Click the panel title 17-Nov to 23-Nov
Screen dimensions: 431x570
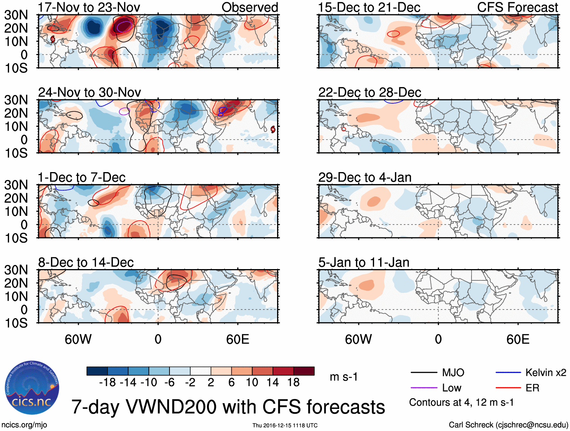tap(89, 7)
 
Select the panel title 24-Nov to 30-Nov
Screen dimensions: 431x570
tap(89, 92)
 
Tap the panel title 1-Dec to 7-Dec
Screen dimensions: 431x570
tap(82, 177)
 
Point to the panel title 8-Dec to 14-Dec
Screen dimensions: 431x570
tap(86, 262)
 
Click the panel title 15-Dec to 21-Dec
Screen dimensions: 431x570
tap(369, 7)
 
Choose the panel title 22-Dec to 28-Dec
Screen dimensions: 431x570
tap(370, 92)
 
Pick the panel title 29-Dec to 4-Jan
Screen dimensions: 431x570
tap(365, 177)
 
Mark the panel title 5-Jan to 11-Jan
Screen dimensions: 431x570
tap(364, 262)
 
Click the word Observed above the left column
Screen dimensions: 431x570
tap(250, 7)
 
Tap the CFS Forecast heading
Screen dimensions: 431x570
tap(518, 7)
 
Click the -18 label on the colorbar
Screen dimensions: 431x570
tap(108, 383)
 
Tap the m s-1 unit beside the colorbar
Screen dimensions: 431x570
tap(344, 377)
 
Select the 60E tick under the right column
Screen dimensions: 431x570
tap(518, 339)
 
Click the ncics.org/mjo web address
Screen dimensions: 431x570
tap(24, 425)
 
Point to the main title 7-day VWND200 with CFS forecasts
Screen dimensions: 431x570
tap(228, 407)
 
